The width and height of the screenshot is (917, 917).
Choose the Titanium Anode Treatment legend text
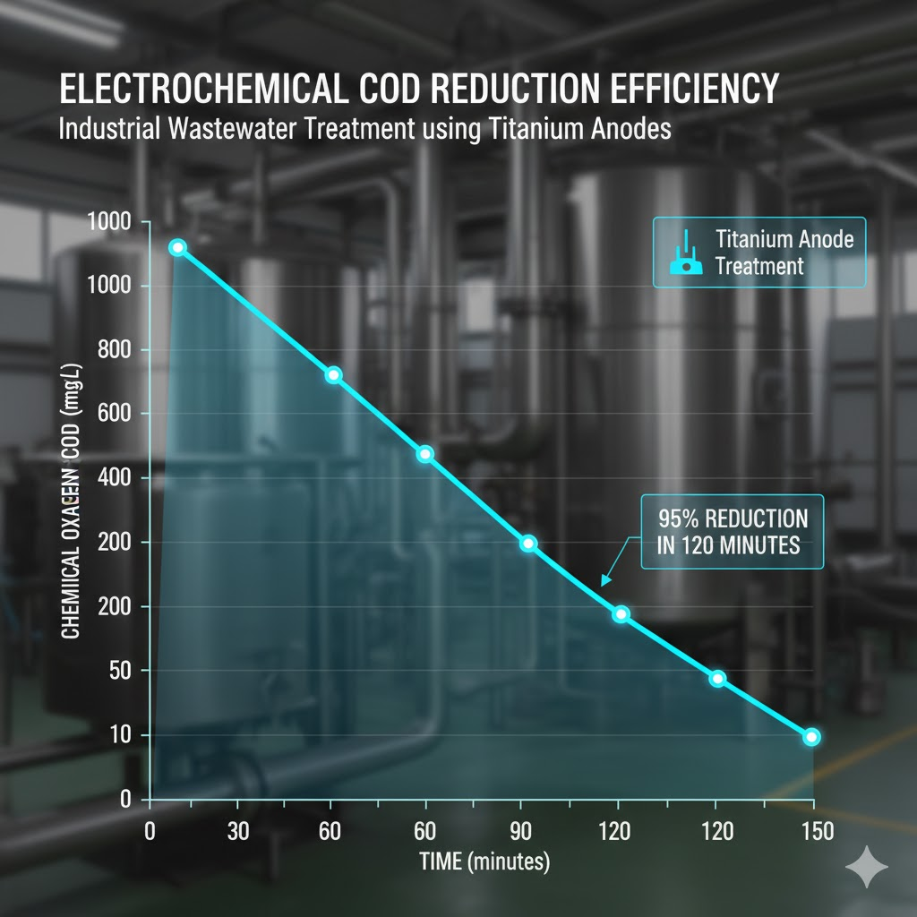[x=784, y=253]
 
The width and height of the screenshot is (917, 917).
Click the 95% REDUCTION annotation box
[x=732, y=532]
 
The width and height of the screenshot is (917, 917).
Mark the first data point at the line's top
[x=177, y=247]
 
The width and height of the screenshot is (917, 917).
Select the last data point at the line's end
[x=811, y=737]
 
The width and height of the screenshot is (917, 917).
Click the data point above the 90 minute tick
[x=528, y=544]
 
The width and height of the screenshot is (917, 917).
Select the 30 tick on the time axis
[x=238, y=831]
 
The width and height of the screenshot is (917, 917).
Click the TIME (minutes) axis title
[x=484, y=862]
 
